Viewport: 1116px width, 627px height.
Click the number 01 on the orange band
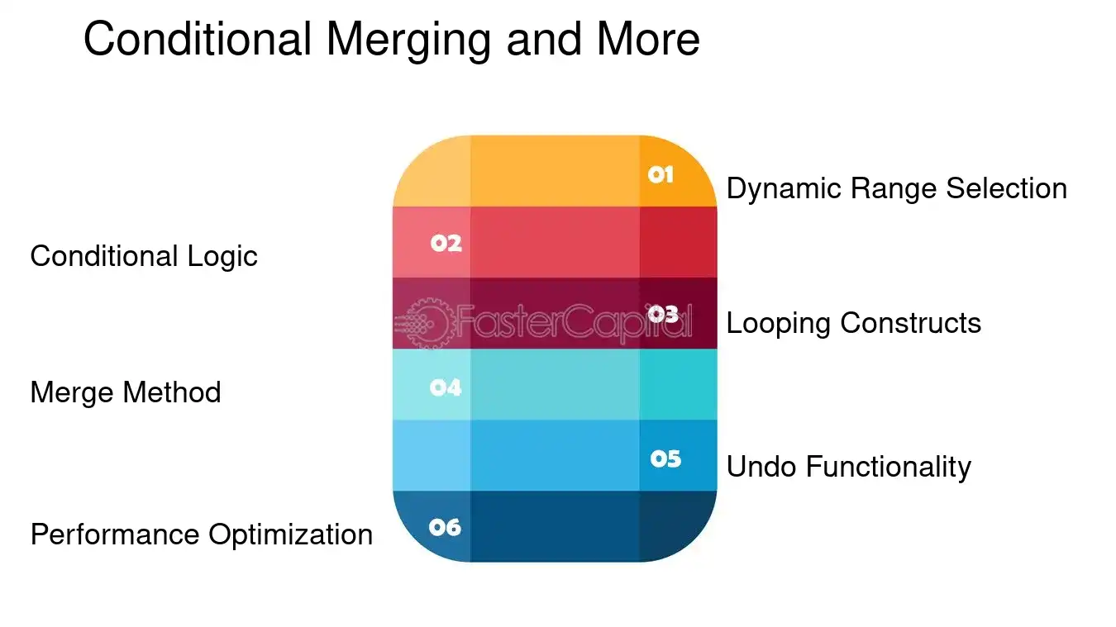pyautogui.click(x=661, y=174)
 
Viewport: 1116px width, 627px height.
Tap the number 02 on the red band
pyautogui.click(x=446, y=243)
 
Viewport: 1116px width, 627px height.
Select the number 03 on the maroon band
pyautogui.click(x=663, y=314)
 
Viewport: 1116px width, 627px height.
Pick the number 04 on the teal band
pyautogui.click(x=446, y=387)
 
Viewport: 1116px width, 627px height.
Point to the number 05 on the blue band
pyautogui.click(x=665, y=458)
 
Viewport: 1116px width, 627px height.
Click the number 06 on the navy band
pyautogui.click(x=445, y=527)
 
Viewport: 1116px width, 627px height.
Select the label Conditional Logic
pyautogui.click(x=144, y=257)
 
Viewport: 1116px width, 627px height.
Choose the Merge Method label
pyautogui.click(x=126, y=392)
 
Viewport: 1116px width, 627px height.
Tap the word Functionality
pyautogui.click(x=888, y=468)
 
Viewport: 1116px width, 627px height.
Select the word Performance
pyautogui.click(x=115, y=535)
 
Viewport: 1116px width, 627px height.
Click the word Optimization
pyautogui.click(x=290, y=535)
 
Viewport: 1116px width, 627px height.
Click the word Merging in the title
pyautogui.click(x=405, y=39)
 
